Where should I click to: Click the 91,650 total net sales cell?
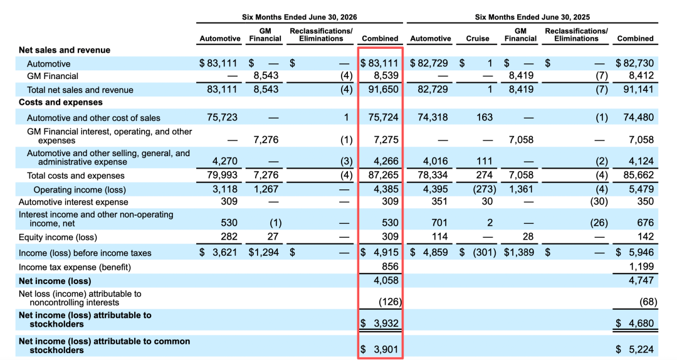coord(384,90)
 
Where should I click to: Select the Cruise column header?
coord(478,38)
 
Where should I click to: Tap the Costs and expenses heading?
coord(60,102)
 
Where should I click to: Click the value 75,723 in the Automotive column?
coord(223,117)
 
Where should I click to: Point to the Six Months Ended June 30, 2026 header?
coord(299,18)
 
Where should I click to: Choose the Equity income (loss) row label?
coord(58,237)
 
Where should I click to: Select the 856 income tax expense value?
coord(391,267)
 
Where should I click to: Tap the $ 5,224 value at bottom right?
coord(634,349)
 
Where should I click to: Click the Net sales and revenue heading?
coord(65,50)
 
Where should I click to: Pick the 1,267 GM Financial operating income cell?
coord(266,189)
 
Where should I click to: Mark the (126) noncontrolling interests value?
coord(390,302)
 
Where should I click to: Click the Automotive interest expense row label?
coord(73,202)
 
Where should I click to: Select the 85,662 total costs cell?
coord(639,175)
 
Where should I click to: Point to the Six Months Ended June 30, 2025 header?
coord(532,18)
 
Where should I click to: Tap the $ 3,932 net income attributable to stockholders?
coord(379,323)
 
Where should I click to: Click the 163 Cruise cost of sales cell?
coord(485,117)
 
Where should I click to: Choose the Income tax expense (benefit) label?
coord(75,267)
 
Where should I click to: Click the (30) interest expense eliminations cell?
coord(599,202)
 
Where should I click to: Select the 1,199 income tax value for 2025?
coord(641,267)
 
